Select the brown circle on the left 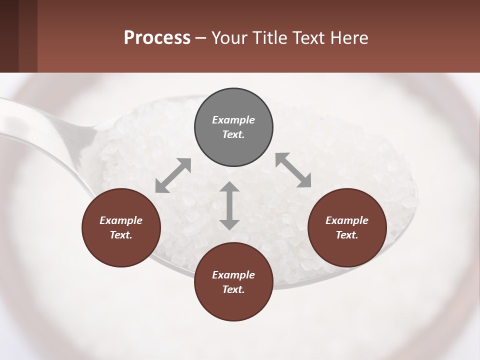click(121, 227)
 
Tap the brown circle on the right click(347, 227)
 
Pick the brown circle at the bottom click(233, 282)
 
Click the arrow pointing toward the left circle click(173, 175)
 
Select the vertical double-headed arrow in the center click(229, 205)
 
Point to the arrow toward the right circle click(293, 170)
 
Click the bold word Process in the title click(157, 37)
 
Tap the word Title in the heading click(270, 37)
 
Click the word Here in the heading click(350, 37)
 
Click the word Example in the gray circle click(233, 120)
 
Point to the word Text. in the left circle click(121, 235)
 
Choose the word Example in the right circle click(347, 220)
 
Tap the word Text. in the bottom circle click(233, 289)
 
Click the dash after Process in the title click(201, 38)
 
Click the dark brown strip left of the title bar click(18, 36)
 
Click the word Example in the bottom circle click(233, 275)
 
